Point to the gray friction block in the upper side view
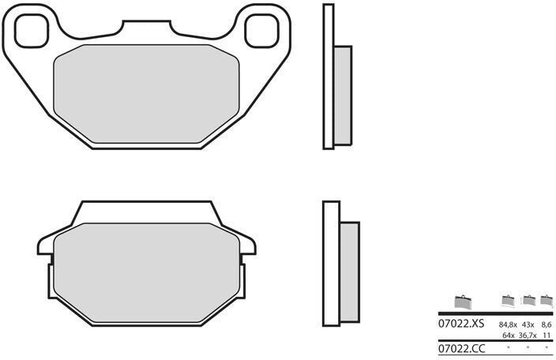pos(342,96)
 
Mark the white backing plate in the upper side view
pos(328,76)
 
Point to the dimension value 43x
pos(528,324)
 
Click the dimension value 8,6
pos(547,324)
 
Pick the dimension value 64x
pos(509,336)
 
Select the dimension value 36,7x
pos(527,336)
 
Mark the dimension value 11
pos(547,336)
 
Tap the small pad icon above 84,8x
pos(508,300)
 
